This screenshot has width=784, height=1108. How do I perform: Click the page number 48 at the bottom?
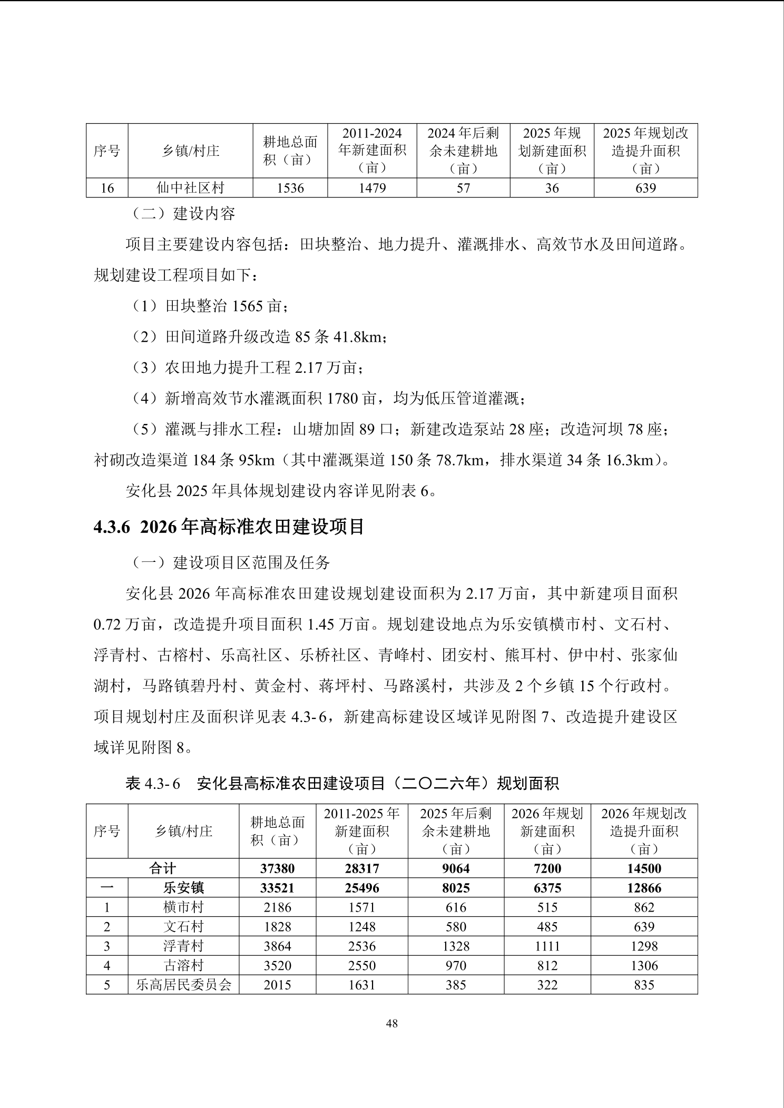pos(391,1023)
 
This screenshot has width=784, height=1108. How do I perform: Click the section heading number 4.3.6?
pos(111,527)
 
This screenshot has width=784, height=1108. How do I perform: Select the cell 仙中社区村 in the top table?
pos(190,188)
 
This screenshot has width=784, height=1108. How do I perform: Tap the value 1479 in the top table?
pos(372,188)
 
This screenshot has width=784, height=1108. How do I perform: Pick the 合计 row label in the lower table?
pos(162,868)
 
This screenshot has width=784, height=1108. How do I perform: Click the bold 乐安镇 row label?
pos(183,888)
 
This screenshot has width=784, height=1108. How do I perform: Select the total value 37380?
pos(277,868)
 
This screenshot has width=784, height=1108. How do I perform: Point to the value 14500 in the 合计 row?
pos(644,868)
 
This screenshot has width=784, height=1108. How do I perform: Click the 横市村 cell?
pos(183,907)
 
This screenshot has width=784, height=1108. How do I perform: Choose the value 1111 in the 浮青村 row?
pos(547,946)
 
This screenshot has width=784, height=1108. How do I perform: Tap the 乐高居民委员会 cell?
pos(183,985)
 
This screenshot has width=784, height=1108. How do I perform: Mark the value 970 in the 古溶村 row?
pos(456,966)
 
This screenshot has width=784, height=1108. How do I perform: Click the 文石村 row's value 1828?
pos(277,927)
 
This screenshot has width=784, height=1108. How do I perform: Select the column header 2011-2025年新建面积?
pos(361,831)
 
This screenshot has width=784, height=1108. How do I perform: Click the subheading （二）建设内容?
pos(183,214)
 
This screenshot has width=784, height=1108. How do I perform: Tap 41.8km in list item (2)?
pos(358,337)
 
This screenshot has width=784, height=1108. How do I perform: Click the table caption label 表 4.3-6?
pos(153,784)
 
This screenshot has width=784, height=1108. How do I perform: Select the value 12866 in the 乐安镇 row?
pos(644,888)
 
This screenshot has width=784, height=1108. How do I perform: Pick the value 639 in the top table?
pos(645,188)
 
